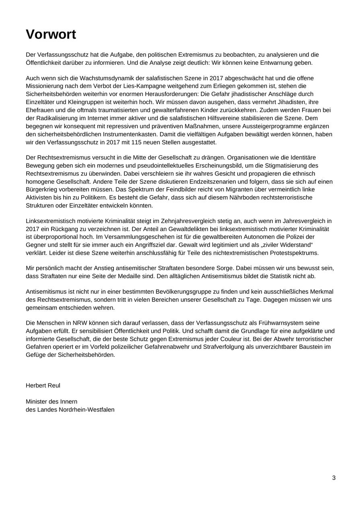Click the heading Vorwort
(51, 35)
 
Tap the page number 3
(334, 478)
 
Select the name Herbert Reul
(43, 385)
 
